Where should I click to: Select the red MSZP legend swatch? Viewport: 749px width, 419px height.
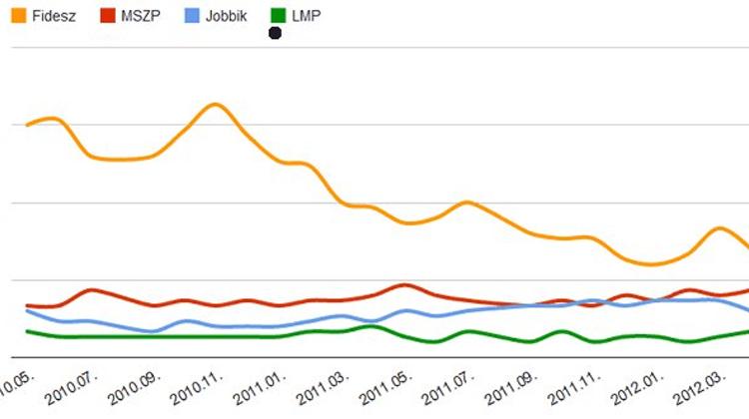pos(108,16)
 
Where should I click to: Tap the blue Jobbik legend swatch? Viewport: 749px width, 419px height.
pos(192,16)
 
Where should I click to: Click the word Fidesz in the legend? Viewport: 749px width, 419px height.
pos(51,16)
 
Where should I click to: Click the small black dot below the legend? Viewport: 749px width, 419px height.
pos(275,34)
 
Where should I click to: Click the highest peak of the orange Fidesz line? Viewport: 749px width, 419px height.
pos(214,104)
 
